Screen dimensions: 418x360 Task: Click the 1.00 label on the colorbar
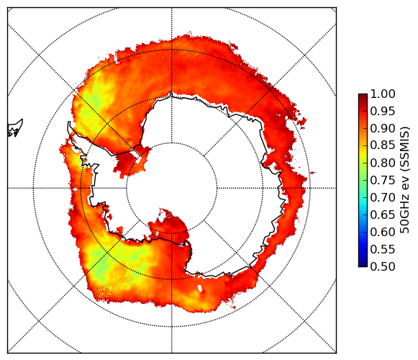pyautogui.click(x=383, y=94)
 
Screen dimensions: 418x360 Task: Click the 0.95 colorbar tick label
pyautogui.click(x=383, y=112)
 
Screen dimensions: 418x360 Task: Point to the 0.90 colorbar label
pyautogui.click(x=383, y=128)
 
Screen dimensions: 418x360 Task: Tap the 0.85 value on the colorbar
pyautogui.click(x=383, y=145)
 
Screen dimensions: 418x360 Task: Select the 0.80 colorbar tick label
pyautogui.click(x=383, y=163)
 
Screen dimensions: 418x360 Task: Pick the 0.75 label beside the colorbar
pyautogui.click(x=383, y=180)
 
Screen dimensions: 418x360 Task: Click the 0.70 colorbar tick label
pyautogui.click(x=383, y=197)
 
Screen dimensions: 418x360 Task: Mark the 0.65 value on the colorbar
pyautogui.click(x=383, y=215)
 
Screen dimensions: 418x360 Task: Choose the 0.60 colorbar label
pyautogui.click(x=383, y=232)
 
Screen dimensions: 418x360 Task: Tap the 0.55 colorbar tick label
pyautogui.click(x=383, y=249)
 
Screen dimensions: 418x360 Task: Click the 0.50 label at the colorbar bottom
pyautogui.click(x=383, y=266)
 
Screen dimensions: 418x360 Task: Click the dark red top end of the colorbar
pyautogui.click(x=363, y=96)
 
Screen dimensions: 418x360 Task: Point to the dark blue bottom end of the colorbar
pyautogui.click(x=363, y=264)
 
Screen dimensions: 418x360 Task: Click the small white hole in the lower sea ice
pyautogui.click(x=199, y=288)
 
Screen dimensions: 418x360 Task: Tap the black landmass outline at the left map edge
pyautogui.click(x=15, y=128)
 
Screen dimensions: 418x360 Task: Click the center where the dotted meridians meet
pyautogui.click(x=172, y=188)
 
